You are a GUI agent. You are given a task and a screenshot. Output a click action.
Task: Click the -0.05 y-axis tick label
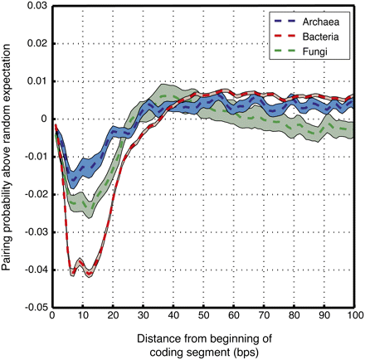pyautogui.click(x=33, y=307)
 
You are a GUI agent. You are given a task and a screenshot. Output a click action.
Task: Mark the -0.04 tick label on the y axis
pyautogui.click(x=33, y=270)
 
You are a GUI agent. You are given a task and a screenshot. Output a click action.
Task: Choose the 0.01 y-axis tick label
pyautogui.click(x=35, y=81)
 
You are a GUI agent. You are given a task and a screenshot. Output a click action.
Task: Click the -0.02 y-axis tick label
pyautogui.click(x=33, y=194)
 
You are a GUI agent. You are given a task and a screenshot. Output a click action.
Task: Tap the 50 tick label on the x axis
pyautogui.click(x=202, y=317)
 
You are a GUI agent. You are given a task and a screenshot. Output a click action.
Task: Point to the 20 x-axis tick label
pyautogui.click(x=112, y=317)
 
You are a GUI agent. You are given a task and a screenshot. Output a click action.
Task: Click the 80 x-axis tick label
pyautogui.click(x=294, y=317)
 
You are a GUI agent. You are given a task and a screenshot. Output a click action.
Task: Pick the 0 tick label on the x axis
pyautogui.click(x=51, y=317)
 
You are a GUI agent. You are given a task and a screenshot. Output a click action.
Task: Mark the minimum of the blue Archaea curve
pyautogui.click(x=73, y=178)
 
